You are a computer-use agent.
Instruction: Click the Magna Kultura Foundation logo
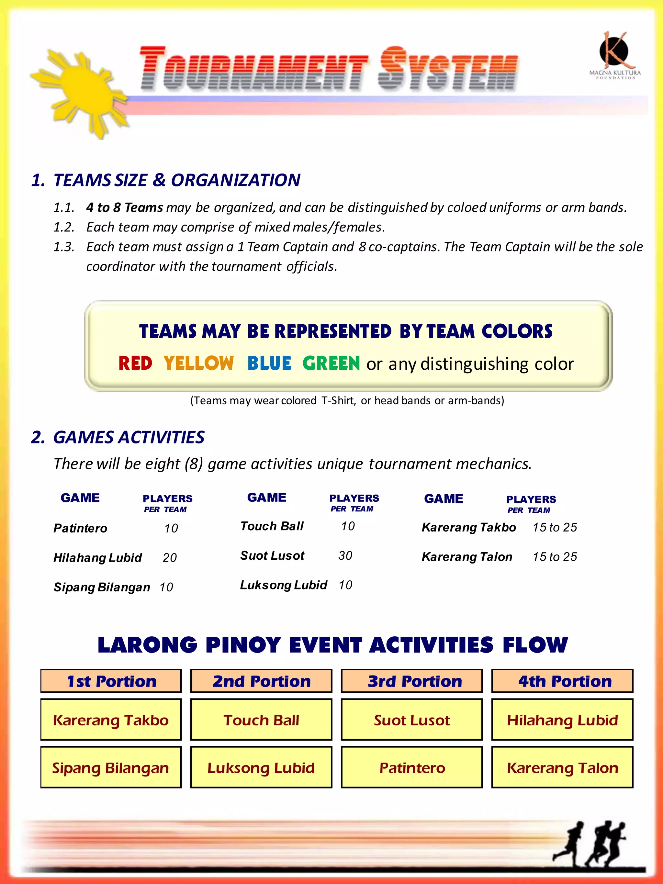pyautogui.click(x=615, y=56)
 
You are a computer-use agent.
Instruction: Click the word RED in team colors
pyautogui.click(x=135, y=363)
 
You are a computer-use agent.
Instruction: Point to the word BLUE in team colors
pyautogui.click(x=269, y=363)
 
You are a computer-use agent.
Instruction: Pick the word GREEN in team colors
pyautogui.click(x=331, y=363)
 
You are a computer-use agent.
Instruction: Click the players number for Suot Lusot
pyautogui.click(x=345, y=555)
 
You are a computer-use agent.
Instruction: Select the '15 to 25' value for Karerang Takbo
pyautogui.click(x=555, y=528)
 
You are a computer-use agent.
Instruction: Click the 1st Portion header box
pyautogui.click(x=111, y=681)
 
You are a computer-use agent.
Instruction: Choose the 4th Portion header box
pyautogui.click(x=562, y=681)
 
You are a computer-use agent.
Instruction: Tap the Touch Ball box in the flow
pyautogui.click(x=261, y=720)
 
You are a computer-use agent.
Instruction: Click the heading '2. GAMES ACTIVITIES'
pyautogui.click(x=118, y=437)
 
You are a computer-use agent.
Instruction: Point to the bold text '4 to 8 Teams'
pyautogui.click(x=124, y=207)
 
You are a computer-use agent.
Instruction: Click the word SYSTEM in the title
pyautogui.click(x=448, y=69)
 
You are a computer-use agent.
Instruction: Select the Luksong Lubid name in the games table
pyautogui.click(x=283, y=585)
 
